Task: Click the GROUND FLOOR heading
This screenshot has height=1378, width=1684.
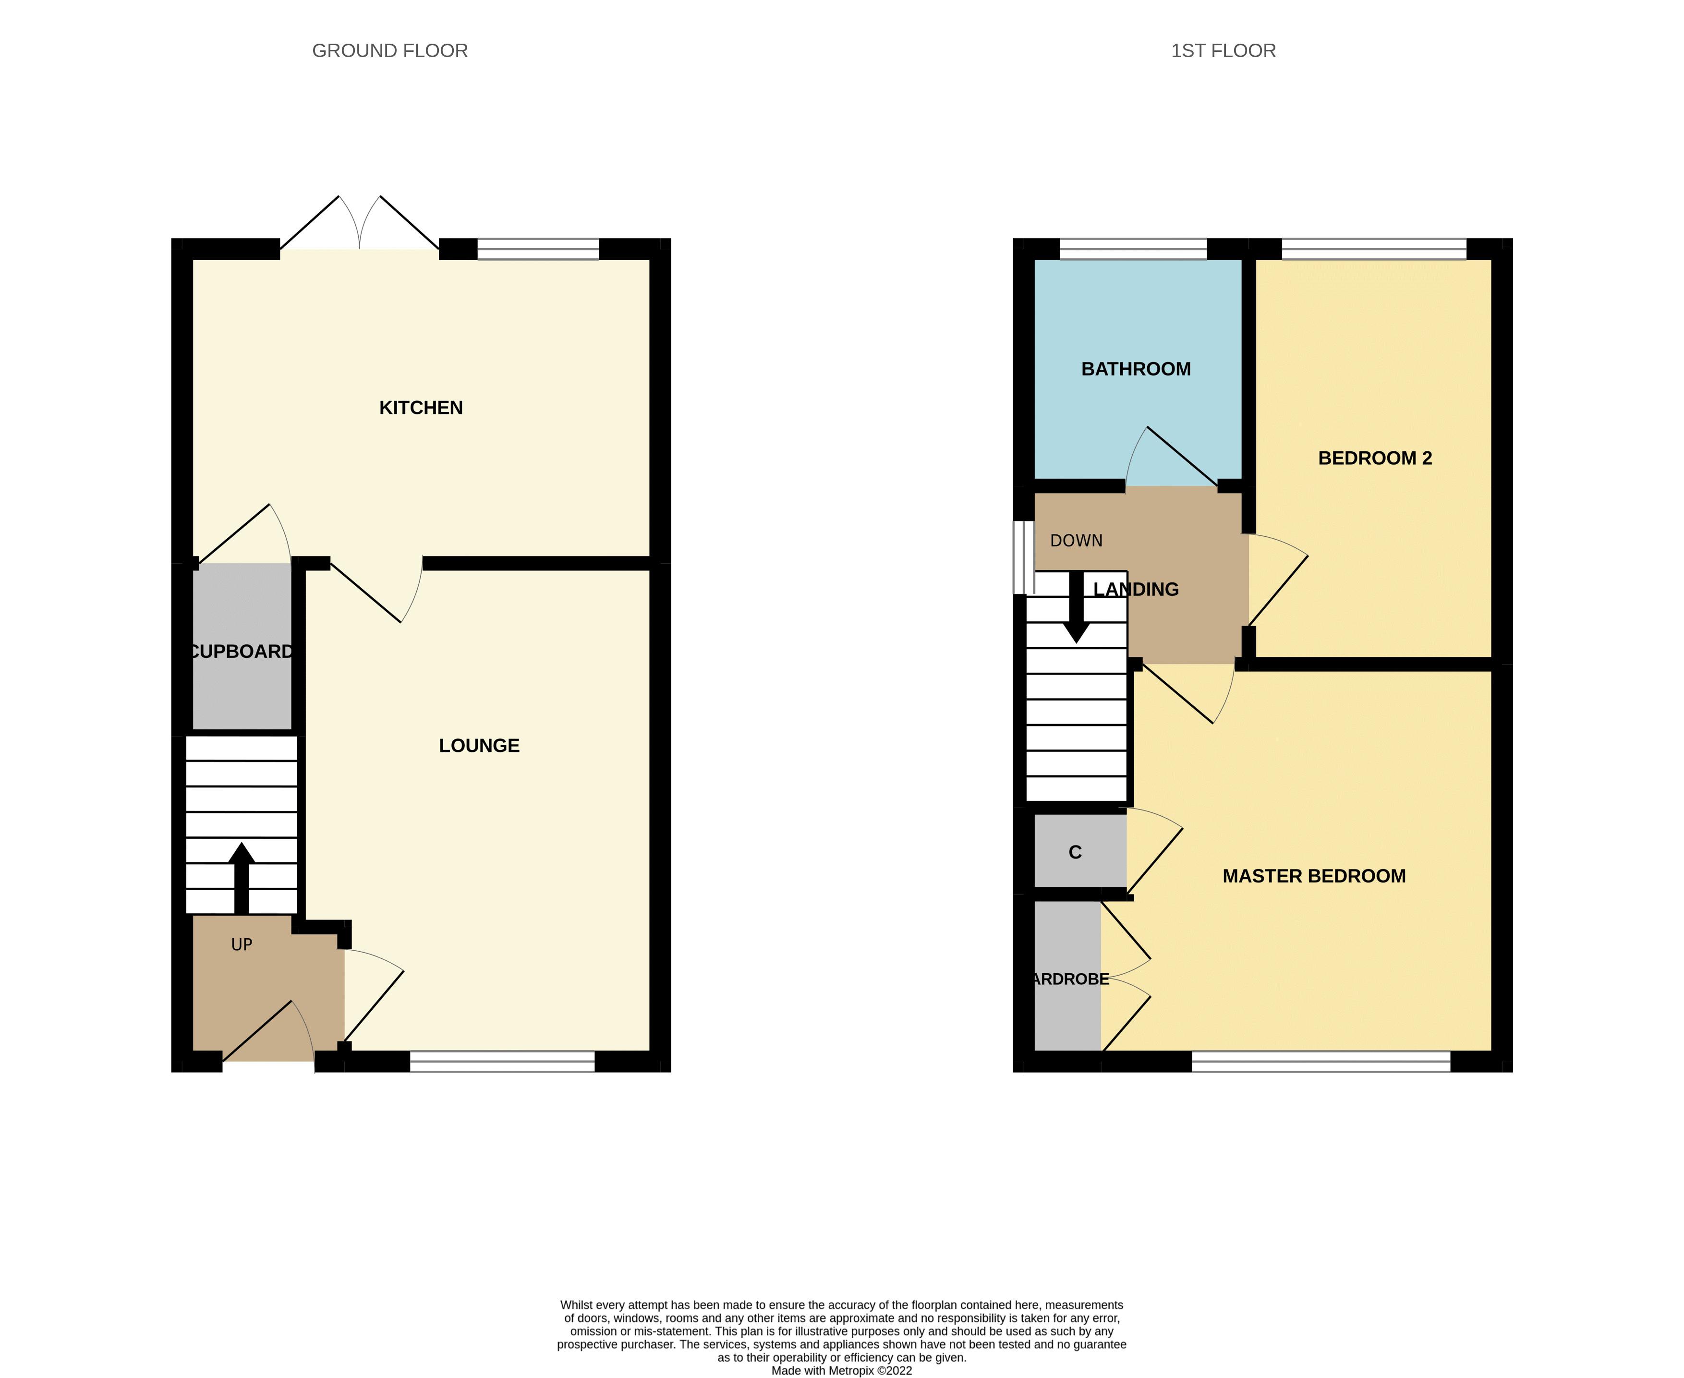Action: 390,51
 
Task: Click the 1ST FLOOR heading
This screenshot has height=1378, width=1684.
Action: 1223,51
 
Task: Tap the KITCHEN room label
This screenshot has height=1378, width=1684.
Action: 421,407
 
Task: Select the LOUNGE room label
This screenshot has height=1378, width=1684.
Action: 479,745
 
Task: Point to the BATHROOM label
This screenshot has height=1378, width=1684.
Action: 1135,369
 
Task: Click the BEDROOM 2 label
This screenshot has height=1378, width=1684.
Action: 1374,458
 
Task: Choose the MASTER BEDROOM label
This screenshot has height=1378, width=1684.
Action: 1313,876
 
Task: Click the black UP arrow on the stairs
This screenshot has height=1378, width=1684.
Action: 242,877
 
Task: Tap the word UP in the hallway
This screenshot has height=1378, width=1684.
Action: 242,944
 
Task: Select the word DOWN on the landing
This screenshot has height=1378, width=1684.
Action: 1076,541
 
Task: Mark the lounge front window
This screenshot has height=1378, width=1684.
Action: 502,1061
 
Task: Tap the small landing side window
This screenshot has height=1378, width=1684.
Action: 1023,557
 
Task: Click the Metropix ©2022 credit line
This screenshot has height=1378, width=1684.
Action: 842,1370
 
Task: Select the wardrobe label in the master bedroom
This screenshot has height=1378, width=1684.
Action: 1069,979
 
